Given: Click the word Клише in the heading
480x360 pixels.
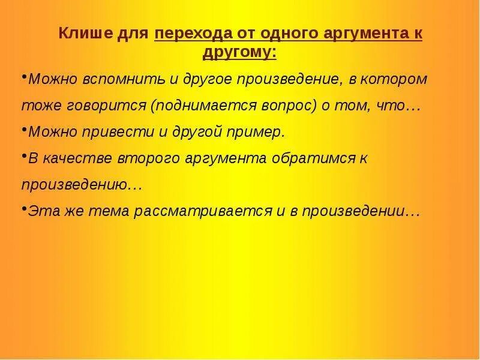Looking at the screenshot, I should pos(81,34).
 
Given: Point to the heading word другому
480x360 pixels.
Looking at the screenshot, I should pos(239,52).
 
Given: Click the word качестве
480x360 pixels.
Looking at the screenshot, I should pos(70,158).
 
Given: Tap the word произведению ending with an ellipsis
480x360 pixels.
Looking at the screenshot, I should pos(81,185).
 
